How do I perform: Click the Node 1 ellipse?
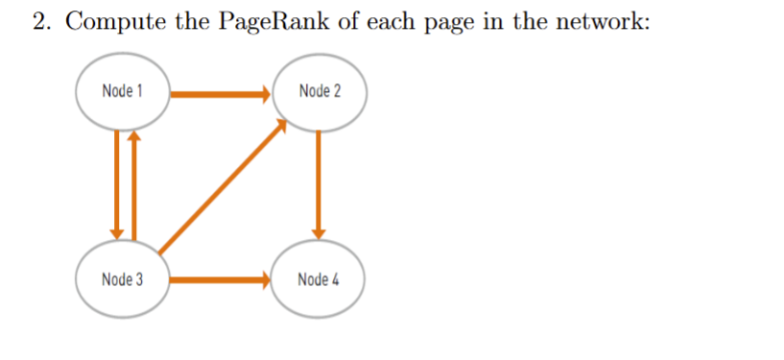[x=123, y=92]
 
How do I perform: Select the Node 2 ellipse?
[x=319, y=92]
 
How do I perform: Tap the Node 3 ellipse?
[x=123, y=280]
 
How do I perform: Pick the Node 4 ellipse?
[x=319, y=280]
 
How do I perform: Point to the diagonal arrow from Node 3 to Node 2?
[x=221, y=186]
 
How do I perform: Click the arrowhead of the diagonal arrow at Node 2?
[x=280, y=125]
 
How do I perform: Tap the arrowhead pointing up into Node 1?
[x=134, y=137]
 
